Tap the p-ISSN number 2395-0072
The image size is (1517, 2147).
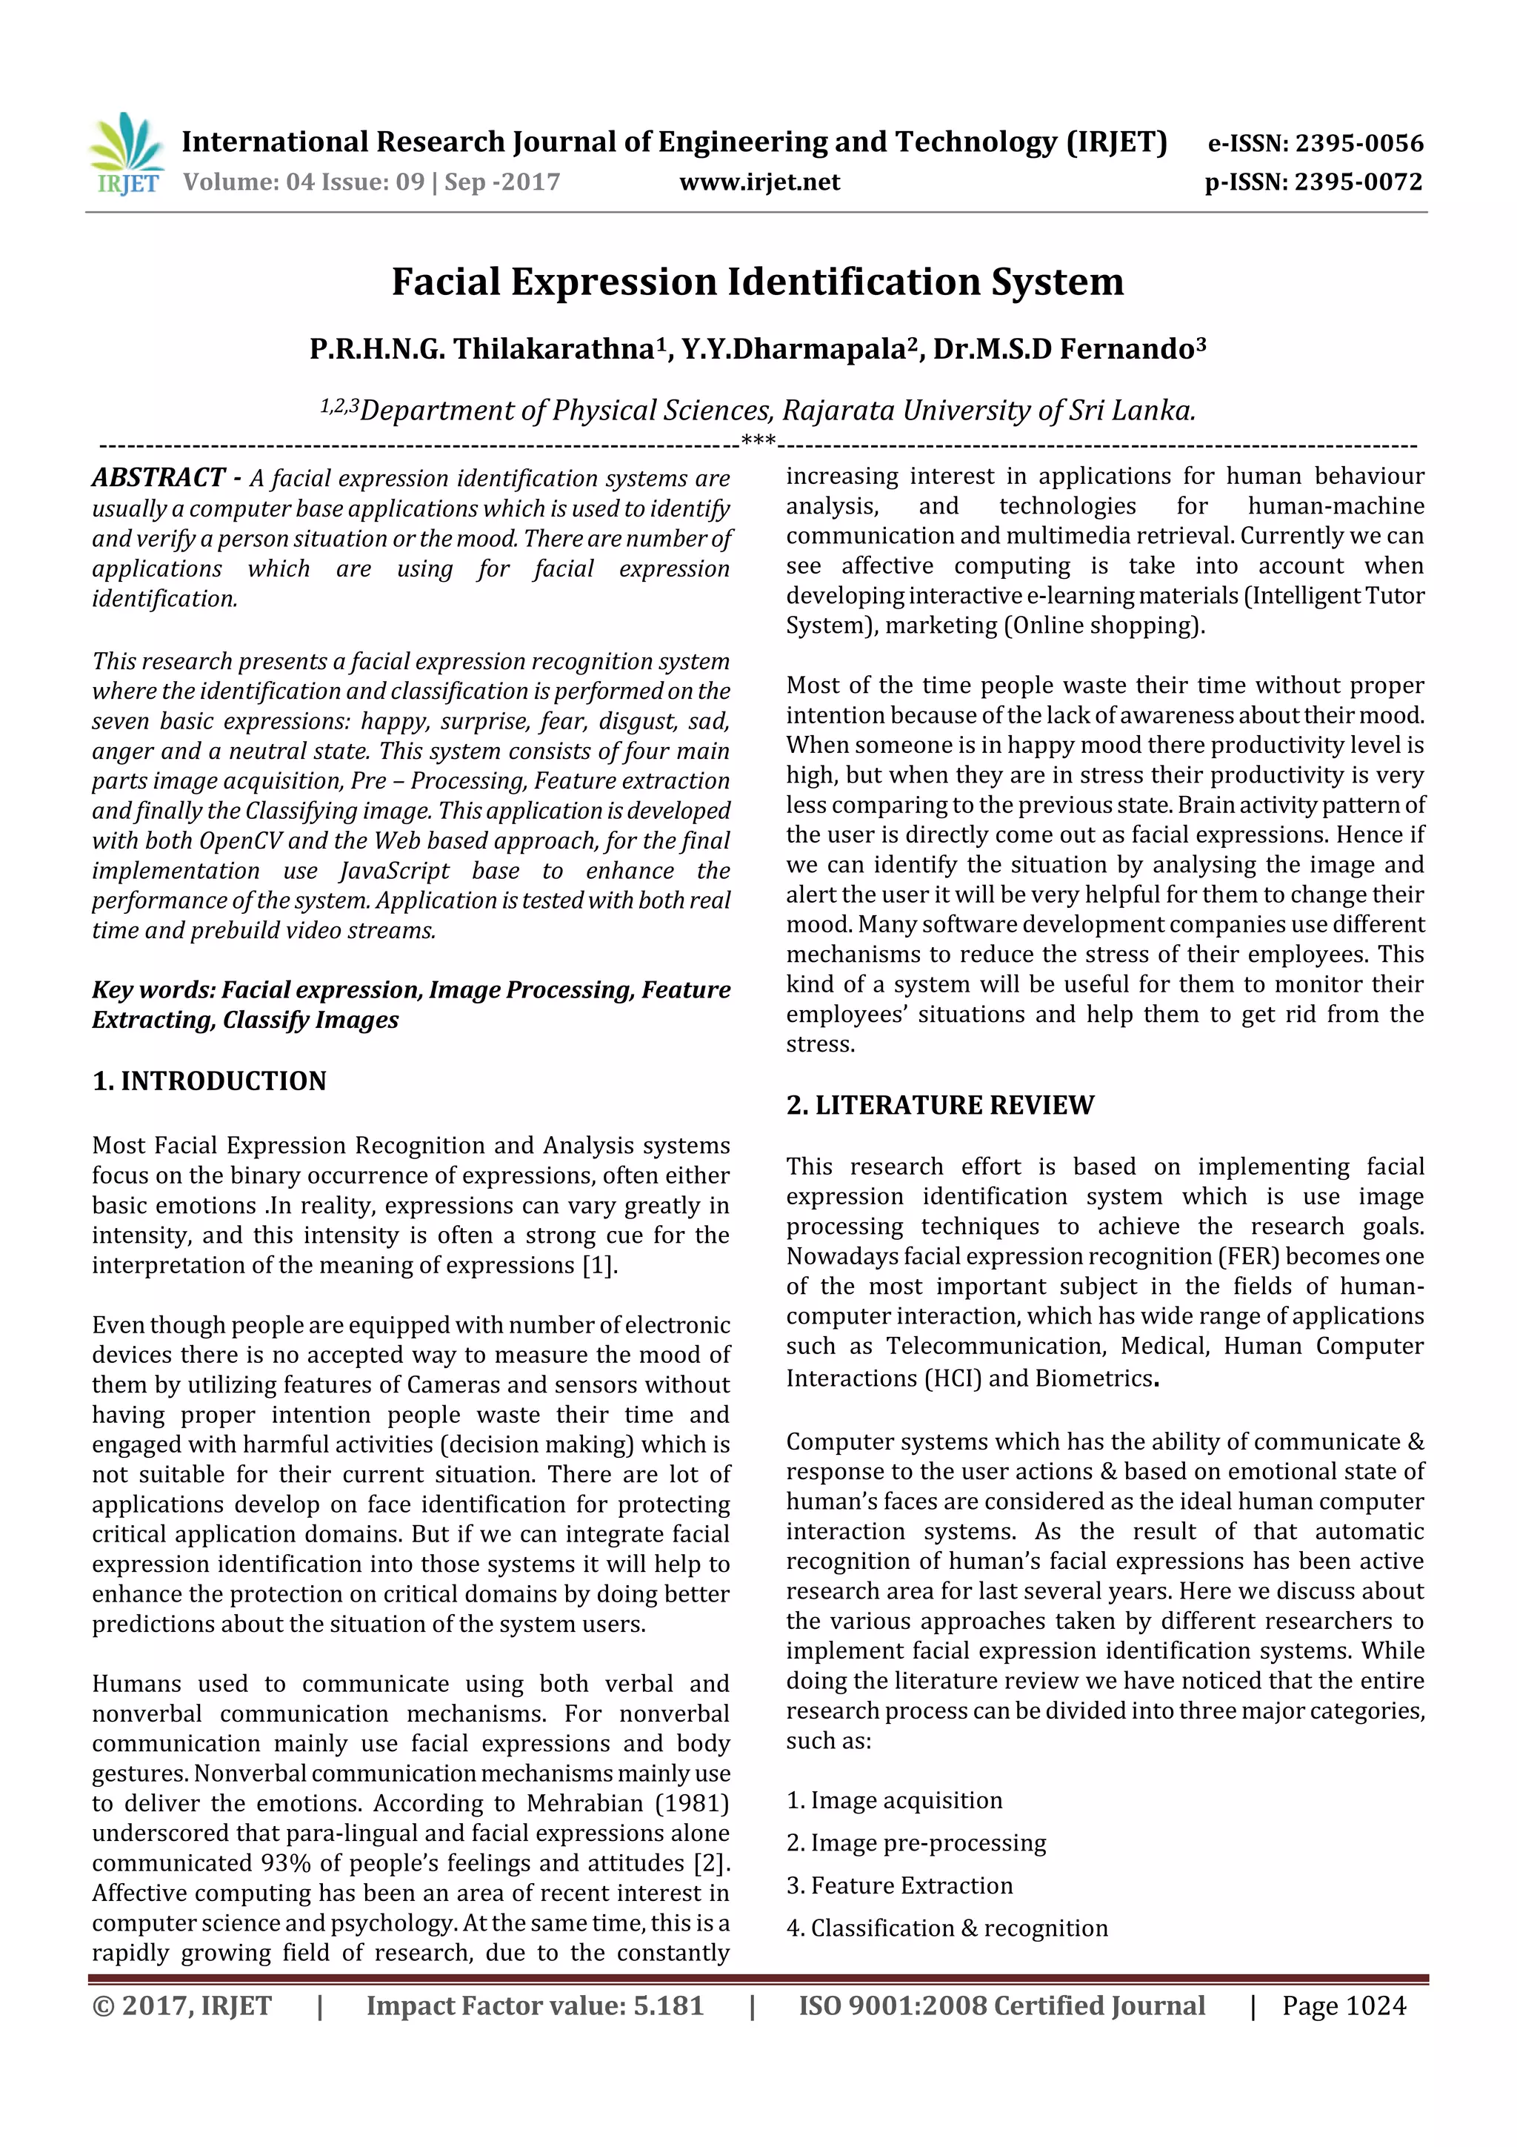click(x=1357, y=182)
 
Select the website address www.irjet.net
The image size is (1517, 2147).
click(x=759, y=182)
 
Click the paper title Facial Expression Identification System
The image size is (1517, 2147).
click(x=757, y=282)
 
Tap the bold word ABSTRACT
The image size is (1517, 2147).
click(x=158, y=478)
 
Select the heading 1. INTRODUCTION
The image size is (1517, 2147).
click(x=210, y=1081)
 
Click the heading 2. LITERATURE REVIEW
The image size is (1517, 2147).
click(x=939, y=1105)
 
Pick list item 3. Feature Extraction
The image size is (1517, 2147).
click(x=899, y=1885)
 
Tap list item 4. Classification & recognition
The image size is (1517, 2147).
click(x=947, y=1928)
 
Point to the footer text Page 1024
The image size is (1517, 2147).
click(x=1343, y=2005)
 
